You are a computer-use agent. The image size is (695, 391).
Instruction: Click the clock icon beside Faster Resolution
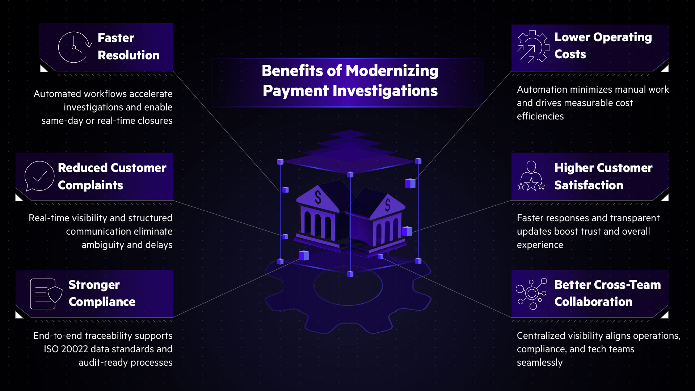point(74,47)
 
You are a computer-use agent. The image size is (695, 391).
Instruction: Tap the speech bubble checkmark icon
point(39,176)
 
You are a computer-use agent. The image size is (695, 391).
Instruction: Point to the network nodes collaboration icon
point(531,294)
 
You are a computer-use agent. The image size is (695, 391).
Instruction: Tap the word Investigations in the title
point(385,91)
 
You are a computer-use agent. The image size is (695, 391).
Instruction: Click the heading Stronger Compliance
point(102,293)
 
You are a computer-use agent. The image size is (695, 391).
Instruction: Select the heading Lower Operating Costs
point(603,46)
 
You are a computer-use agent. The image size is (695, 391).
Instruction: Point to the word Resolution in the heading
point(129,55)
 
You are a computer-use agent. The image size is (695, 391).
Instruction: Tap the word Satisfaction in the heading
point(589,185)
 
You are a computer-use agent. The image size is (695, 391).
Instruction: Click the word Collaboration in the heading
point(593,302)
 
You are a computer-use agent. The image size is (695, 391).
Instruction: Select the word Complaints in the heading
point(90,185)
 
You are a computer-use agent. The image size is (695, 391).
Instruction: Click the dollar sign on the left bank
point(318,197)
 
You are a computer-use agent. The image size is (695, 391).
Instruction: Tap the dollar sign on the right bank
point(388,205)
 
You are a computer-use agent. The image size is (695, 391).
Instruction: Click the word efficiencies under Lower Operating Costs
point(540,116)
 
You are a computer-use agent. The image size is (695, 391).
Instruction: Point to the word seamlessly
point(539,362)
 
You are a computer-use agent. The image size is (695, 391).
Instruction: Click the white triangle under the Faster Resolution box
point(43,68)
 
